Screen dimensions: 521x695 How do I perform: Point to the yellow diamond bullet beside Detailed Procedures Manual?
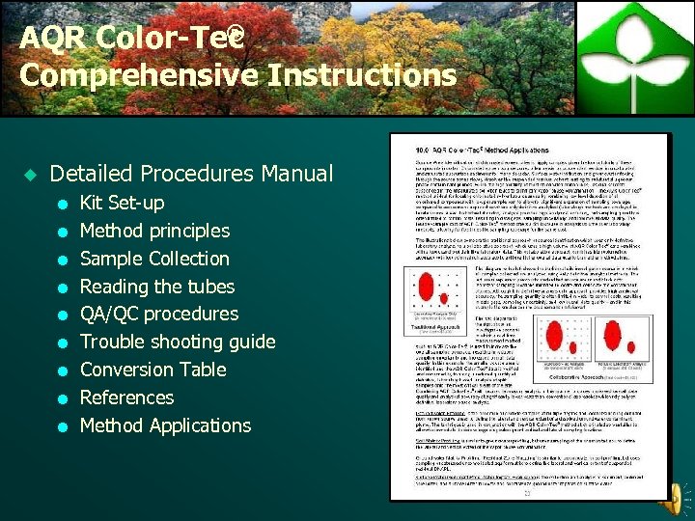(29, 175)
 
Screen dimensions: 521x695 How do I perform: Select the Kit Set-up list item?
(122, 204)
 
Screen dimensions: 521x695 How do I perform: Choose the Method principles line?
(154, 232)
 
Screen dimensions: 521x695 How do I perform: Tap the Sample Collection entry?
(154, 260)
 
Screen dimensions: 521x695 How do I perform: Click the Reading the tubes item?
(157, 287)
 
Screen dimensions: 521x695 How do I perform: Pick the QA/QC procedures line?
(159, 315)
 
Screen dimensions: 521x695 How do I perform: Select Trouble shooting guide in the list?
(178, 343)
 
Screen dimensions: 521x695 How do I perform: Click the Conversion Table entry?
(153, 370)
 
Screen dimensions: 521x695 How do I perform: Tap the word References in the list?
(126, 398)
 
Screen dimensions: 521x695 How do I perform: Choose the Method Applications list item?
(165, 426)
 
